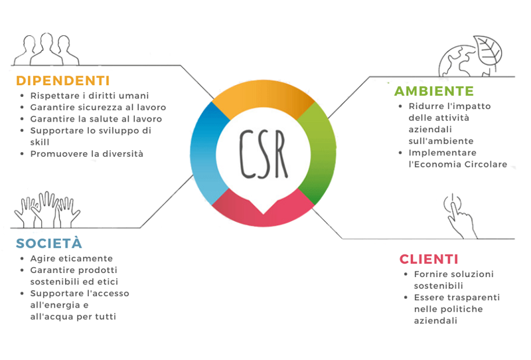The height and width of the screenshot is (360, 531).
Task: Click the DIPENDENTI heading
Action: (x=62, y=80)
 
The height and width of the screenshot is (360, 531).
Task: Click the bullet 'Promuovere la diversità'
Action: (x=86, y=154)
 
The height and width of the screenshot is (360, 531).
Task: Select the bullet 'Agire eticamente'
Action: (x=72, y=258)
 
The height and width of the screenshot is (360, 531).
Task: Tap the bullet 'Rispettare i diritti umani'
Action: (x=90, y=96)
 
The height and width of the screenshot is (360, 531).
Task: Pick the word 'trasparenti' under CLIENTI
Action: (x=472, y=298)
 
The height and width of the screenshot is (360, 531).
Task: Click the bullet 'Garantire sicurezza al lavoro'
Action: (x=98, y=108)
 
